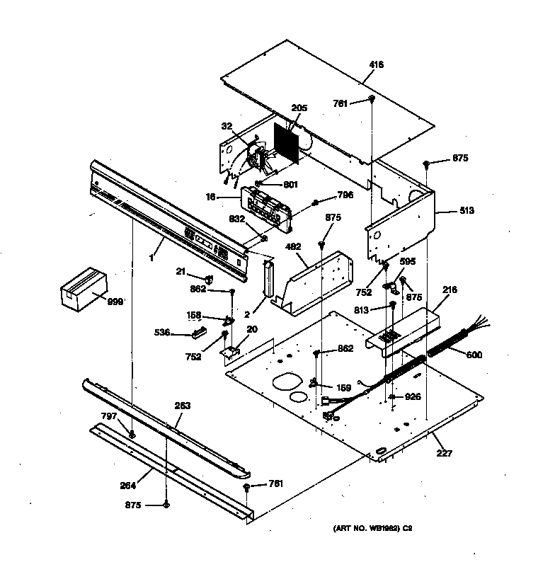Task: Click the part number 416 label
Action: (376, 64)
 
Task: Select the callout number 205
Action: (299, 108)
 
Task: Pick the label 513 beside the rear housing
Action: (467, 210)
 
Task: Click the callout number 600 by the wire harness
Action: (474, 355)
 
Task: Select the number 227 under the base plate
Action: (444, 454)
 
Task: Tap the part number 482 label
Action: (292, 248)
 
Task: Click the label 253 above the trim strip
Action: (182, 406)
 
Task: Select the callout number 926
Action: (412, 397)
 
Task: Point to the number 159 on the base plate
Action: (343, 388)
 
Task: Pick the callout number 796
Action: (345, 195)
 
